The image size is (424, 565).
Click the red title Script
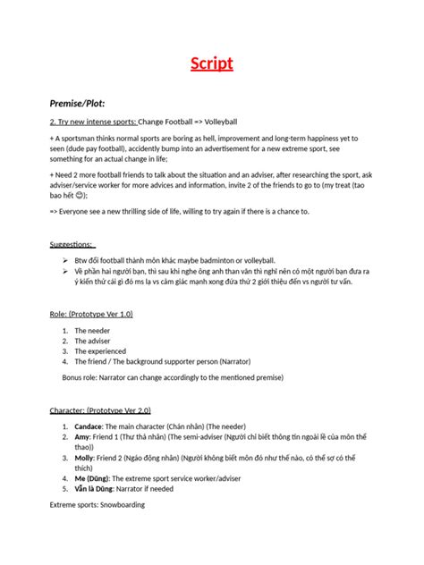coord(211,63)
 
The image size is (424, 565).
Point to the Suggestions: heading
coord(72,244)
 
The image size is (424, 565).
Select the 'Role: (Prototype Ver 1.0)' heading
coord(91,315)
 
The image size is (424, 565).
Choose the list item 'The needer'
coord(93,331)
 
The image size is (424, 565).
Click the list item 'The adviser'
coord(93,342)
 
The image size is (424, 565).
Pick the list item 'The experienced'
coord(99,352)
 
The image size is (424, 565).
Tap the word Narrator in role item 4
coord(267,363)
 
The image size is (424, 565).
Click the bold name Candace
coord(90,426)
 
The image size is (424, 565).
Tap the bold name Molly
coord(85,458)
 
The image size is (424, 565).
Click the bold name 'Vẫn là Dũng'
coord(95,490)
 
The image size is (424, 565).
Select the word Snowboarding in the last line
coord(120,505)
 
